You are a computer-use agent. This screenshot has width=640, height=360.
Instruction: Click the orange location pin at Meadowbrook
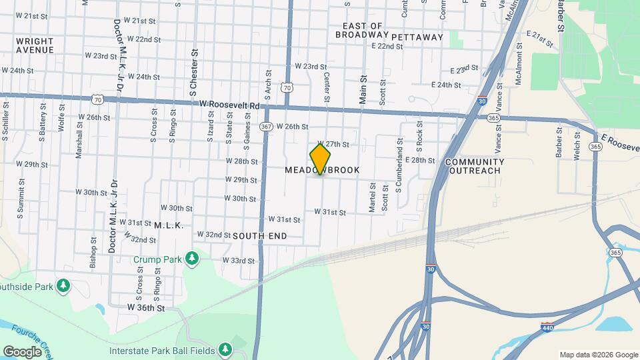coord(320,159)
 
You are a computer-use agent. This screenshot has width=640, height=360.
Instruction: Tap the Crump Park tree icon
coord(193,257)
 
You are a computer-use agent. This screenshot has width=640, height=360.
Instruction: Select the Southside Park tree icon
coord(63,286)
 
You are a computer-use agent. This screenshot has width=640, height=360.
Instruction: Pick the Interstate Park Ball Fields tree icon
coord(225,349)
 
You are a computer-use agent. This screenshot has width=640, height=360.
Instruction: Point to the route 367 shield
coord(266,126)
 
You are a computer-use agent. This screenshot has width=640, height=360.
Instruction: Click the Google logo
coord(22,351)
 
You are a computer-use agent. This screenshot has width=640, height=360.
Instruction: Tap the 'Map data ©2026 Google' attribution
coord(598,355)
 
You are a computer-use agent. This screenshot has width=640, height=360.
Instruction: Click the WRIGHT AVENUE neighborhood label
coord(35,45)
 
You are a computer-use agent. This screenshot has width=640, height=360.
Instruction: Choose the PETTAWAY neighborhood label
coord(417,37)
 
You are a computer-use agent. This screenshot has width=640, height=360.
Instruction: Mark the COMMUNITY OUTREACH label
coord(474,166)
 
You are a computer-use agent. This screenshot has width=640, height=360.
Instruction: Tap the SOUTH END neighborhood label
coord(260,236)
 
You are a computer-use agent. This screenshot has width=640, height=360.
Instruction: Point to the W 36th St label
coord(145,308)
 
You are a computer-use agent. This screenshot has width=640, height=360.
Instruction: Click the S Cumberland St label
coord(399,175)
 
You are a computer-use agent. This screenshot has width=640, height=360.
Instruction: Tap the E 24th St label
coord(446,85)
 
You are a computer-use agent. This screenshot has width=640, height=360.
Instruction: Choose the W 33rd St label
coord(239,260)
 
